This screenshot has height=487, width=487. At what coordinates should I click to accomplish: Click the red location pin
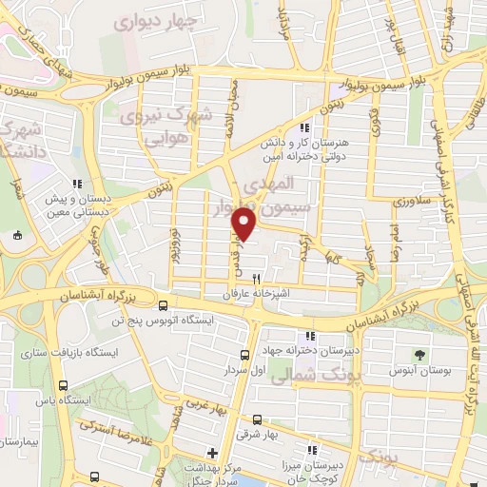point(244,224)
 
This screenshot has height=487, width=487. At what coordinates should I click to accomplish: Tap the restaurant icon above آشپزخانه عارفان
point(255,280)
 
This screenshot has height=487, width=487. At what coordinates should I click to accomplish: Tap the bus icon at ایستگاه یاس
point(63,385)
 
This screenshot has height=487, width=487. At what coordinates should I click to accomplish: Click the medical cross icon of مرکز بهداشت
point(212,452)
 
